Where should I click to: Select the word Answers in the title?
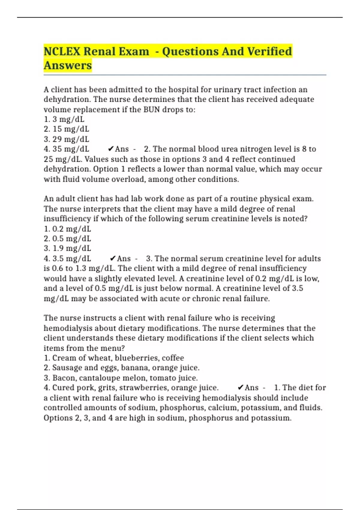[68, 65]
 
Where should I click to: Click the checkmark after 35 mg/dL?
[110, 149]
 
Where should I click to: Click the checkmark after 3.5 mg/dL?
[113, 259]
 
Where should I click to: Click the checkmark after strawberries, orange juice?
[240, 388]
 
